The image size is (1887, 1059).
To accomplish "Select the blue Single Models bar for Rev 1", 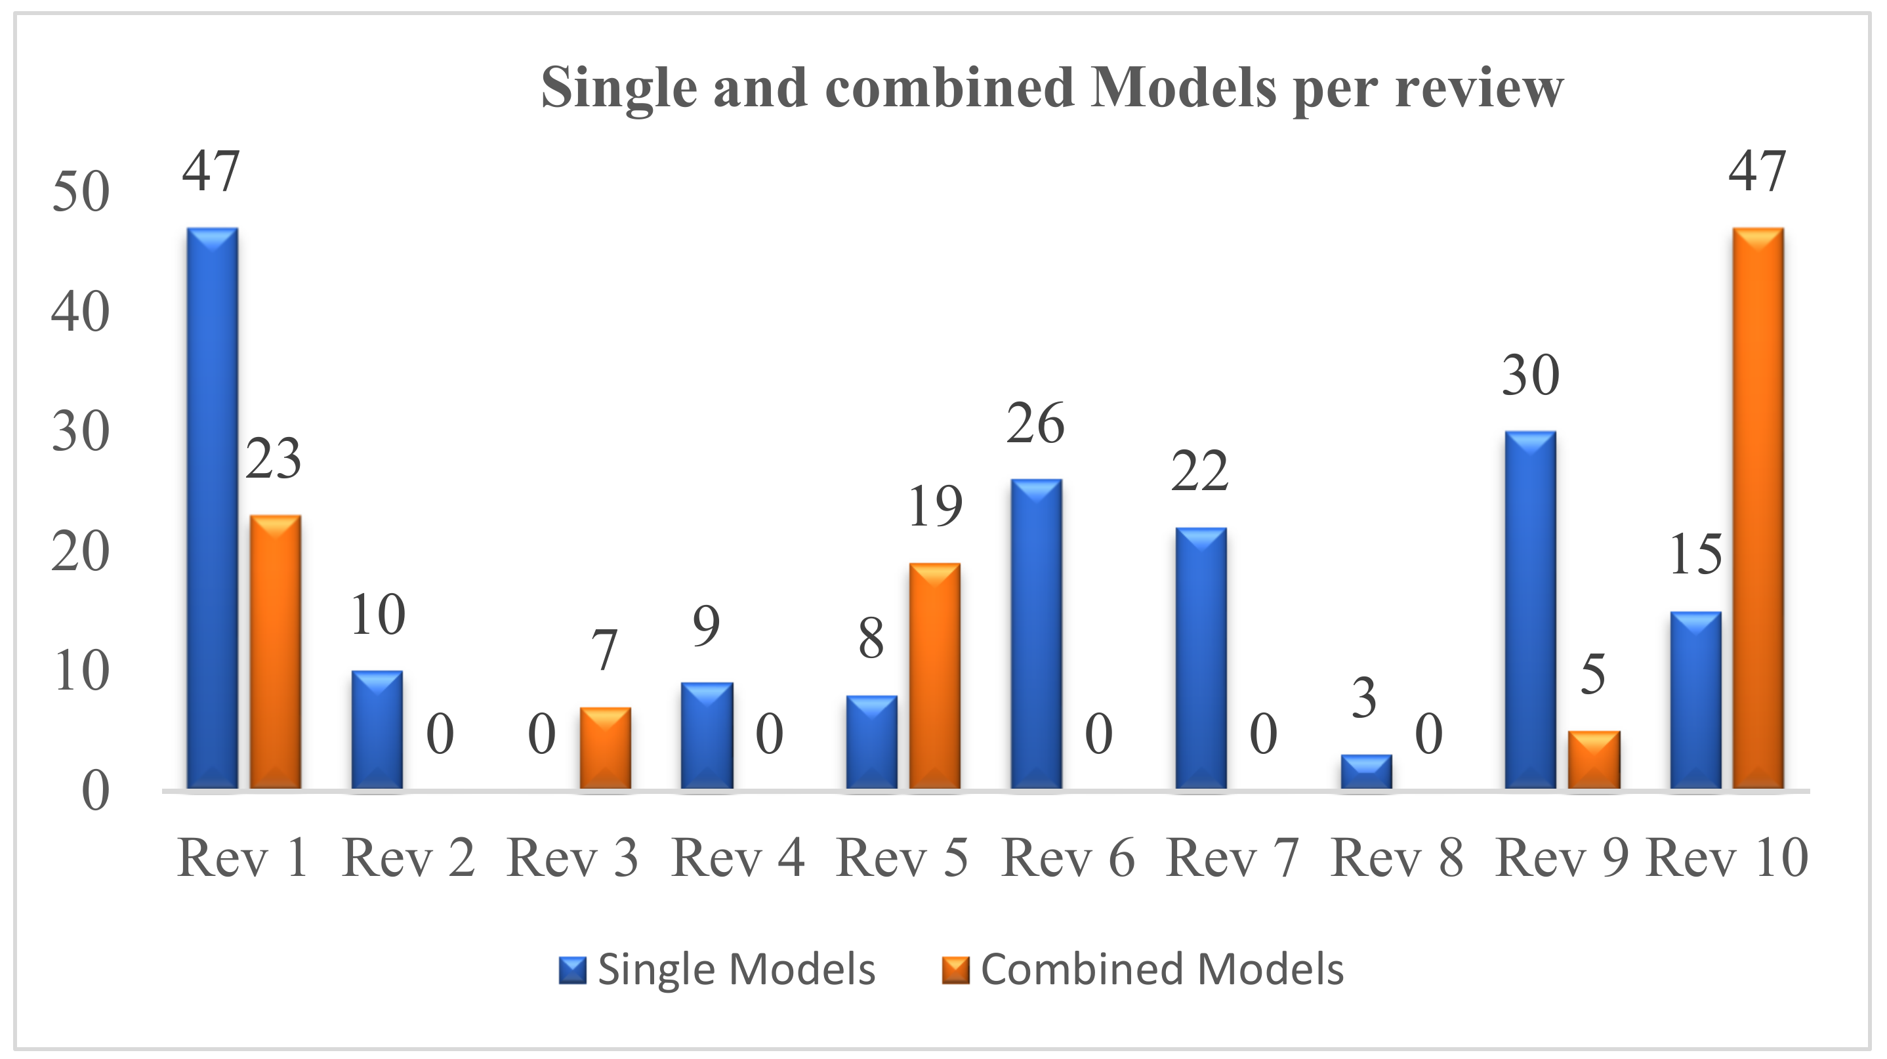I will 213,509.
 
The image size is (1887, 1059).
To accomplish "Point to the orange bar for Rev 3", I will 605,748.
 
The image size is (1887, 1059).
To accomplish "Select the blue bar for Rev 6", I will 1036,634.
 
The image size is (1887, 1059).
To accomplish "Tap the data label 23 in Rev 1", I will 273,460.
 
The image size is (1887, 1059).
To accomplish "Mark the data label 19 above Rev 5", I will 935,507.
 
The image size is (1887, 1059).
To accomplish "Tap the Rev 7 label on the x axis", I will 1232,858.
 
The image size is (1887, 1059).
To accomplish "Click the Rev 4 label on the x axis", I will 737,858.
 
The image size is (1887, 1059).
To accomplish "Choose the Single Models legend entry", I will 718,969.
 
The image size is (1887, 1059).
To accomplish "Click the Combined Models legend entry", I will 1143,969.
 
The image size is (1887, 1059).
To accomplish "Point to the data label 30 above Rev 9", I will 1530,377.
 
